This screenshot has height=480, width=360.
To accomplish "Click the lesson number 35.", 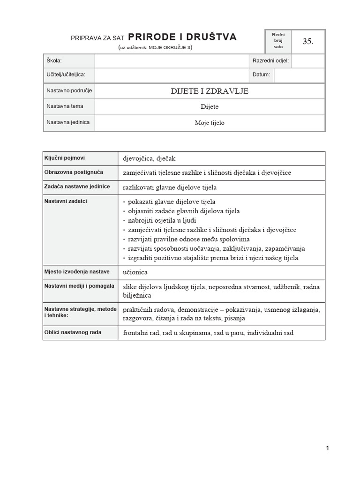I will [307, 41].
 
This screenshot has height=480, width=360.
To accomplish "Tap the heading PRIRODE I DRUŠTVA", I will [182, 37].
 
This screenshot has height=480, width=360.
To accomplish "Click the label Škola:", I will [54, 61].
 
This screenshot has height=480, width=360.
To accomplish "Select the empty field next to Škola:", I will [172, 61].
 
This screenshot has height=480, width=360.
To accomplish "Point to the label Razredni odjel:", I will [270, 61].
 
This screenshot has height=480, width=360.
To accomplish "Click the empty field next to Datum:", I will [299, 75].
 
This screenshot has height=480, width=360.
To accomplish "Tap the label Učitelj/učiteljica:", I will [66, 75].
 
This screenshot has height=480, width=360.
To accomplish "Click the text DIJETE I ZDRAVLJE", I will [210, 91].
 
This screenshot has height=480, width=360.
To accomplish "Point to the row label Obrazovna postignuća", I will [74, 172].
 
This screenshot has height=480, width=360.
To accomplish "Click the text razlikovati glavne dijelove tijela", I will [170, 187].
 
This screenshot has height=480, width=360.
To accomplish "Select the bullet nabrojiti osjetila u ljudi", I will [162, 220].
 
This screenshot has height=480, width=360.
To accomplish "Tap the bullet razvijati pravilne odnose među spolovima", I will [182, 239].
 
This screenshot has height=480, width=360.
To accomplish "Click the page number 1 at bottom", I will [327, 448].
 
